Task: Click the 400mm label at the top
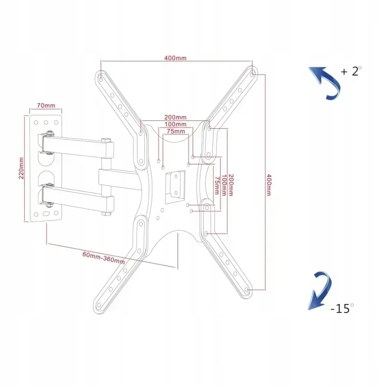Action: [175, 58]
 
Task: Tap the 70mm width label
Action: [46, 105]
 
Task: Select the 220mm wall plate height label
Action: [21, 168]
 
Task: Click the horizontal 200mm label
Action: [175, 118]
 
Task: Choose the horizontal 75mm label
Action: [175, 131]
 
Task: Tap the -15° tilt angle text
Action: [342, 308]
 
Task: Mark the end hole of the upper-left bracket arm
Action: [100, 76]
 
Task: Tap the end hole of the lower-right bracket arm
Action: [247, 289]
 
